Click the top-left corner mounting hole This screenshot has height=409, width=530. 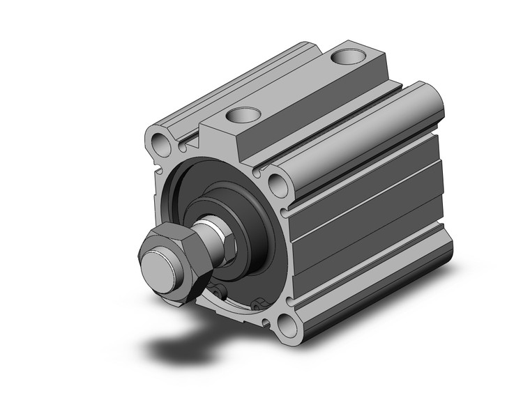tap(162, 144)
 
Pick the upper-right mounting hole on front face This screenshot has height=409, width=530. tap(279, 185)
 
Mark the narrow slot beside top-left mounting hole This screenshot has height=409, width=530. tap(183, 146)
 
